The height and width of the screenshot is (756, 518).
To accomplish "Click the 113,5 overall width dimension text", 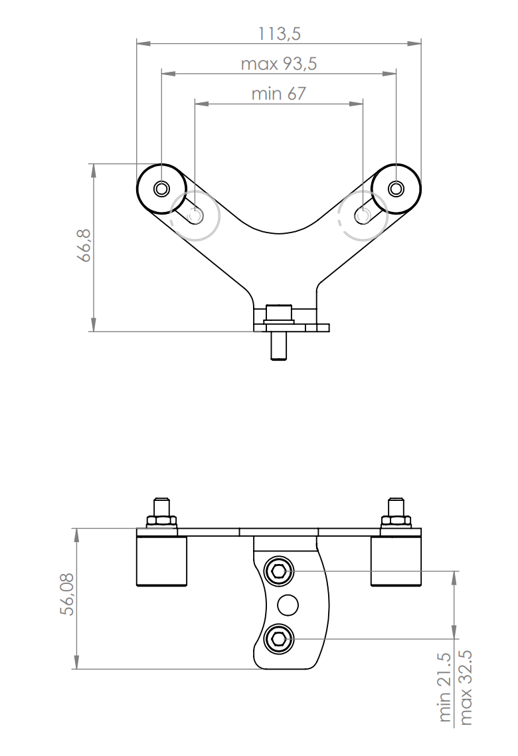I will [x=278, y=34].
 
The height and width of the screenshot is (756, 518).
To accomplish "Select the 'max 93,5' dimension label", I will [x=278, y=64].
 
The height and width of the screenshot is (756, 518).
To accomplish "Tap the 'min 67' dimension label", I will [x=278, y=94].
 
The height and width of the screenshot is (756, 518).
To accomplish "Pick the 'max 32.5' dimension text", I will [x=466, y=688].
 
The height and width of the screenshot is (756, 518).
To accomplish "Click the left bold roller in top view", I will [x=161, y=189].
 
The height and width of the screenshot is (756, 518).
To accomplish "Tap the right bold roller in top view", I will [x=396, y=189].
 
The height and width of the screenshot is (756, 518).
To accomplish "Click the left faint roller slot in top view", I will [x=195, y=215].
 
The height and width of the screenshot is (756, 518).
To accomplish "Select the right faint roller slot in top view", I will [x=363, y=215].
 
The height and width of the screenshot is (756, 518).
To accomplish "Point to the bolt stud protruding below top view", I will [x=278, y=346].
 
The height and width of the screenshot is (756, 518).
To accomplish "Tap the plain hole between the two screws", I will [x=288, y=605].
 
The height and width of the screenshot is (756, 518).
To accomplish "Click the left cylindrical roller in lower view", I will [x=161, y=561].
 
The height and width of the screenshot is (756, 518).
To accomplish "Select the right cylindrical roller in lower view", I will [x=396, y=561].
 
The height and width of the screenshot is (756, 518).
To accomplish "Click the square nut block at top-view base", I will [x=278, y=312].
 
